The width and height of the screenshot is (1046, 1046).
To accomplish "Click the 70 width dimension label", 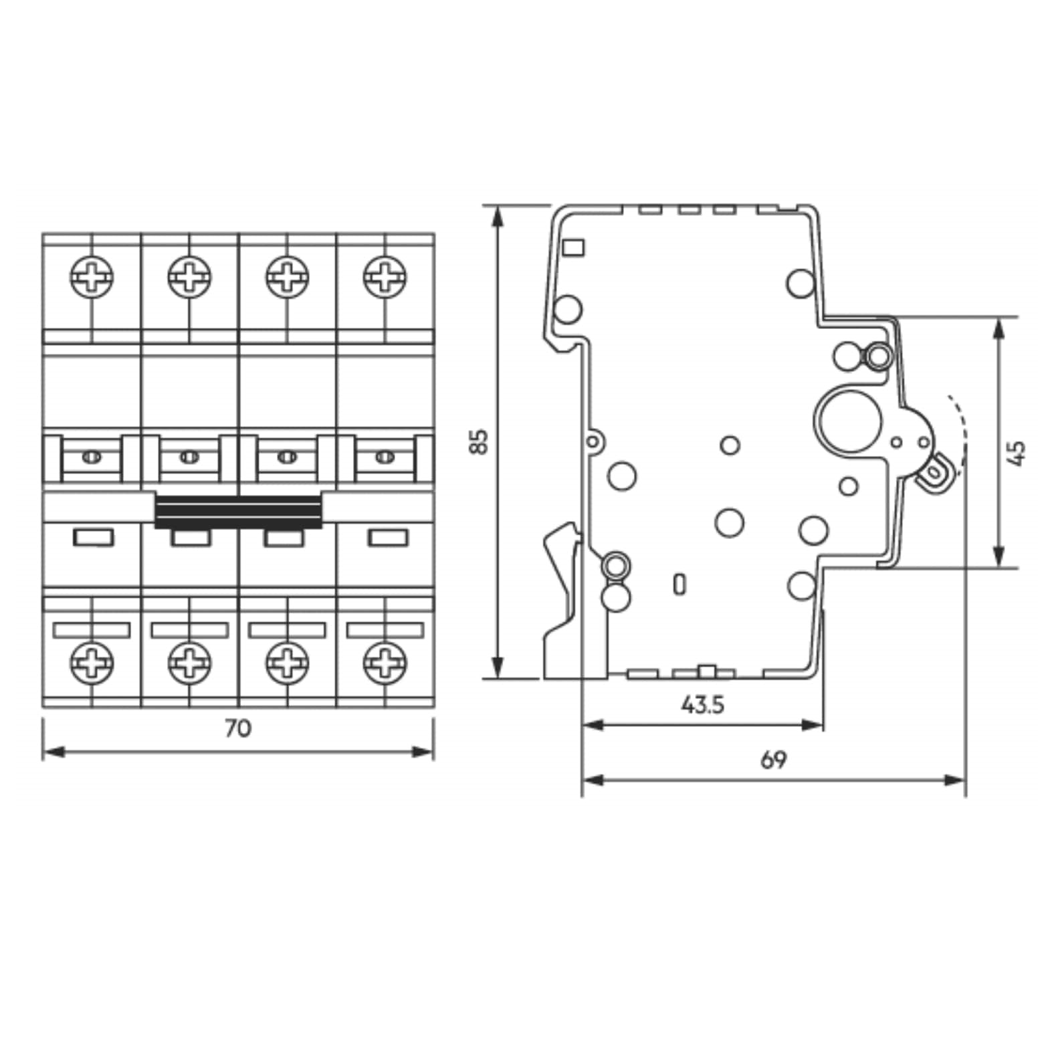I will pyautogui.click(x=237, y=728).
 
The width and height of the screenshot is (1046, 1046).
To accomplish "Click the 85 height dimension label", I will pyautogui.click(x=479, y=442).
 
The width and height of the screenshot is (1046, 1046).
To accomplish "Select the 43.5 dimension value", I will pyautogui.click(x=702, y=704).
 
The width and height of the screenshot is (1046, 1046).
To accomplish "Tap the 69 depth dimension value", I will pyautogui.click(x=773, y=760).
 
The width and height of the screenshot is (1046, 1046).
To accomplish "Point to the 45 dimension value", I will pyautogui.click(x=1016, y=453).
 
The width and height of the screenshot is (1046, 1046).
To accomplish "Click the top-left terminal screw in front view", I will pyautogui.click(x=92, y=277).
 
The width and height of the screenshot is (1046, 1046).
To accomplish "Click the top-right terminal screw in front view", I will pyautogui.click(x=385, y=277).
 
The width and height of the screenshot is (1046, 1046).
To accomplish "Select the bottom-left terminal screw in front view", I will pyautogui.click(x=92, y=663).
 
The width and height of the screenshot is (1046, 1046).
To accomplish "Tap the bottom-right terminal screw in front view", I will pyautogui.click(x=385, y=663).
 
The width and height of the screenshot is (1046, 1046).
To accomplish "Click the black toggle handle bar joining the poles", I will pyautogui.click(x=238, y=512).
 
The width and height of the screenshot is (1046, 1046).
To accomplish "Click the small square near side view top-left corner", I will pyautogui.click(x=573, y=247).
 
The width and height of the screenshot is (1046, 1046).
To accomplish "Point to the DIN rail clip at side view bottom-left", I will pyautogui.click(x=560, y=602).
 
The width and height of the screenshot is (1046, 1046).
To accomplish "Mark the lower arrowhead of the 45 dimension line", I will pyautogui.click(x=999, y=556).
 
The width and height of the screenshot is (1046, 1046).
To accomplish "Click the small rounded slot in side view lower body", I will pyautogui.click(x=679, y=585).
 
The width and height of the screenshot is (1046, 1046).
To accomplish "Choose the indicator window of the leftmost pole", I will pyautogui.click(x=93, y=537).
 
